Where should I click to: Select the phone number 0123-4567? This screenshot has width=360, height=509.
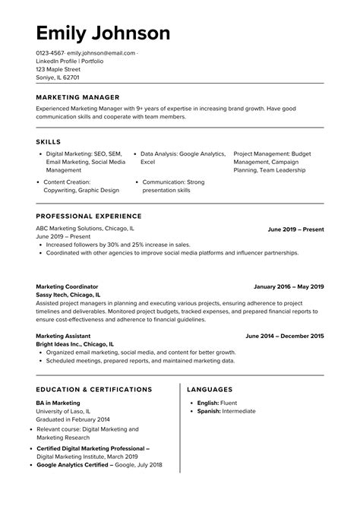point(49,53)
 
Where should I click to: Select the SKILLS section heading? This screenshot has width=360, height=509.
point(49,142)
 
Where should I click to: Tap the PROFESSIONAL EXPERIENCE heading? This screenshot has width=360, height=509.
point(88,217)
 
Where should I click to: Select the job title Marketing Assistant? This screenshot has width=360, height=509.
point(63,336)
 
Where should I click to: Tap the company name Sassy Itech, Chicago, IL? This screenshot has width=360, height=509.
point(68,295)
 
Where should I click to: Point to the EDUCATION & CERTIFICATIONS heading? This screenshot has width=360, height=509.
point(94,390)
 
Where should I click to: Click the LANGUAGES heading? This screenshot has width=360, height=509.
point(215,390)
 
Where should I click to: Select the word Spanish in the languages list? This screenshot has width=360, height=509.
point(207,411)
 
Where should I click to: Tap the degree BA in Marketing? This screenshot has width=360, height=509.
point(58,403)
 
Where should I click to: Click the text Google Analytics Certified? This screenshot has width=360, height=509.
point(74,465)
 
